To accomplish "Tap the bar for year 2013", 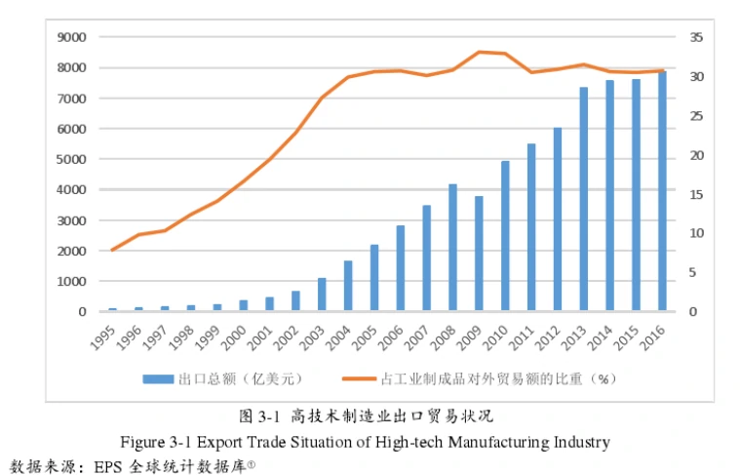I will (x=583, y=199).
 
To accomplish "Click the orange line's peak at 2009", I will (x=479, y=52).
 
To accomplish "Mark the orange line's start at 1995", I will (x=112, y=251).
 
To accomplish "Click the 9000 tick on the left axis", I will (x=74, y=37).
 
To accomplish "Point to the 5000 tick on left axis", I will (x=74, y=159).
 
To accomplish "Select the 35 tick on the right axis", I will (x=695, y=37).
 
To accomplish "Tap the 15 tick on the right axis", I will (x=695, y=194).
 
